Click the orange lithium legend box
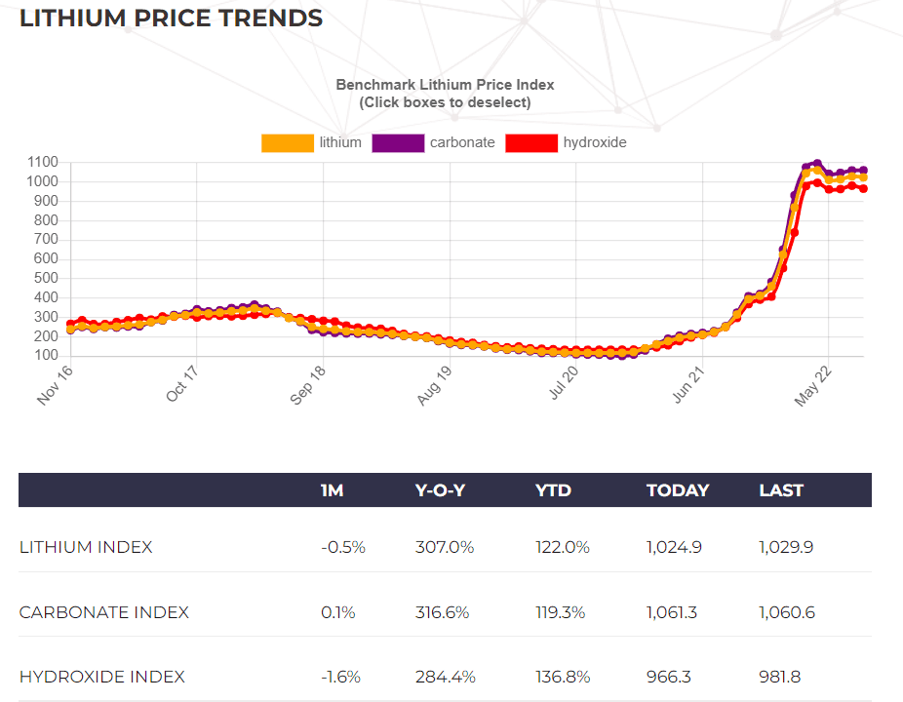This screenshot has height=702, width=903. pos(288,143)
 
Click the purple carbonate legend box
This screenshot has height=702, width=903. pos(398,143)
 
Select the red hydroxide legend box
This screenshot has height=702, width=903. pos(531,143)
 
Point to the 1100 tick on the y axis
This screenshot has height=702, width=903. pos(43,163)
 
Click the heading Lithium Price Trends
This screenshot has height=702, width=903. pos(171,19)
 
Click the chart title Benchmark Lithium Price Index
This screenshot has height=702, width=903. pos(445,85)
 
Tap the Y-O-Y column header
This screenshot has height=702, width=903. pos(441,490)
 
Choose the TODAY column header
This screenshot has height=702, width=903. pos(677,490)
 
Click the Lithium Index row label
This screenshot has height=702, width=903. pos(86,547)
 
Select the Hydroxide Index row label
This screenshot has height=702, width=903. pos(102,677)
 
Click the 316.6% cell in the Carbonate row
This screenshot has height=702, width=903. pos(445,612)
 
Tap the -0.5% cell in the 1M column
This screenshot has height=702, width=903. pos(342,547)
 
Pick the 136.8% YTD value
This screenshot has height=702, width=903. pos(563,677)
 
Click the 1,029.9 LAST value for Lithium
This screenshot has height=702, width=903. pos(786,547)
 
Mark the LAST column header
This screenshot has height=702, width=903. pos(781,490)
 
